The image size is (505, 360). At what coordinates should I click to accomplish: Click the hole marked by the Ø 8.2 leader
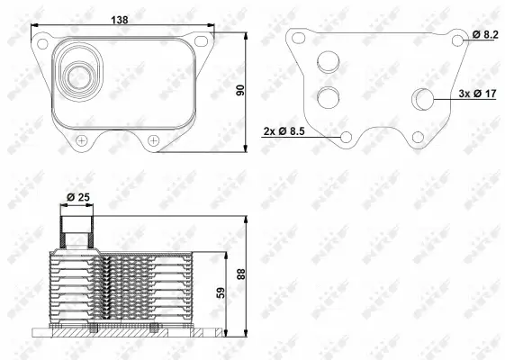pyautogui.click(x=458, y=40)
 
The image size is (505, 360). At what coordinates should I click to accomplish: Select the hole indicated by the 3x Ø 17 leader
pyautogui.click(x=421, y=99)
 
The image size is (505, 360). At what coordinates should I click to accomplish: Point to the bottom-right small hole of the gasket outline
pyautogui.click(x=417, y=136)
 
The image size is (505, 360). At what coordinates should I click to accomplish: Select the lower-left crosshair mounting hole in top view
pyautogui.click(x=82, y=139)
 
